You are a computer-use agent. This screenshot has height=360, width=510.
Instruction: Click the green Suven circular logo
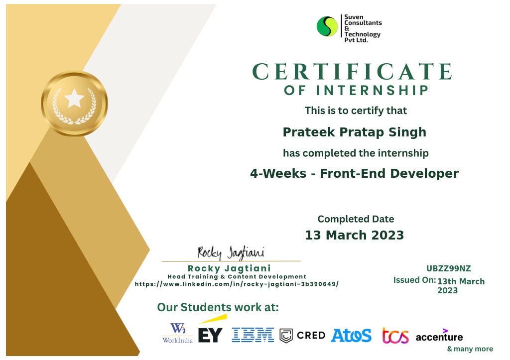[x=327, y=26]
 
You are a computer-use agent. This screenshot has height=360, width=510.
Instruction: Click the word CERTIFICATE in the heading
[x=352, y=72]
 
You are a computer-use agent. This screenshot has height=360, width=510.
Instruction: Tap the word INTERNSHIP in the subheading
[x=373, y=91]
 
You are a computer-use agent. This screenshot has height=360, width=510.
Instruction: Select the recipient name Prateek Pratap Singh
[x=354, y=132]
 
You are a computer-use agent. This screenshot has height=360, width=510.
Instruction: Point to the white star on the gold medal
[x=74, y=98]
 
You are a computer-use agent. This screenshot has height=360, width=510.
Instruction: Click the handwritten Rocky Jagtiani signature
[x=231, y=252]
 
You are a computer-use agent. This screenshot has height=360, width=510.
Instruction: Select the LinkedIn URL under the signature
[x=237, y=284]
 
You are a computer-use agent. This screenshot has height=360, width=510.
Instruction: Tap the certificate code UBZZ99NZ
[x=449, y=268]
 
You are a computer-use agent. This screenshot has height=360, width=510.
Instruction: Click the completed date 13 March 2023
[x=355, y=235]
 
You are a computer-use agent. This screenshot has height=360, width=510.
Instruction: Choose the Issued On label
[x=414, y=280]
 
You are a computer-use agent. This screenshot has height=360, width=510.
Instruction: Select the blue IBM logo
[x=253, y=335]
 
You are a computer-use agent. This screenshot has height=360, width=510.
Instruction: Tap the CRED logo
[x=302, y=336]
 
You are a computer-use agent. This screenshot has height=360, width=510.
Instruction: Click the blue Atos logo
[x=351, y=336]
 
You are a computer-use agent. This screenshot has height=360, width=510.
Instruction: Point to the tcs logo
[x=395, y=336]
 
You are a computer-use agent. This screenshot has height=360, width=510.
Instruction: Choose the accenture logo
[x=439, y=336]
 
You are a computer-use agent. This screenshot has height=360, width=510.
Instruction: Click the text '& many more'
[x=470, y=349]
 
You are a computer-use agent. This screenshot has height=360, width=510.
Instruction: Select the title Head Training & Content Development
[x=237, y=277]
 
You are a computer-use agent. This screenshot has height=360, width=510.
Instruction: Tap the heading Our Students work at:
[x=218, y=307]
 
